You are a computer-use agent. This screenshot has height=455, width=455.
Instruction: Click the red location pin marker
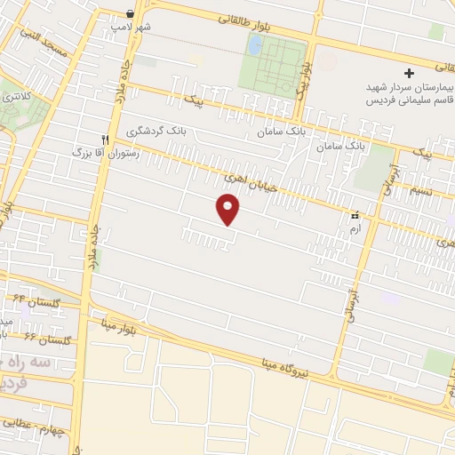click(228, 209)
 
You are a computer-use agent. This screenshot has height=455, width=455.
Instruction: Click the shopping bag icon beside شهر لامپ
click(131, 13)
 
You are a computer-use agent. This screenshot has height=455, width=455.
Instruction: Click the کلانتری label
click(17, 94)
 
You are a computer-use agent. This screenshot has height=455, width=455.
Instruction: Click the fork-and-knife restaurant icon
click(106, 140)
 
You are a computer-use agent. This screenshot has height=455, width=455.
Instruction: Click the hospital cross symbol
click(409, 73)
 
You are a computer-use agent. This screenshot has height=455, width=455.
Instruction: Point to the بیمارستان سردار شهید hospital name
click(411, 90)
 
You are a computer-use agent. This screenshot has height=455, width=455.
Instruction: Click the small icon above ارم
click(355, 215)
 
